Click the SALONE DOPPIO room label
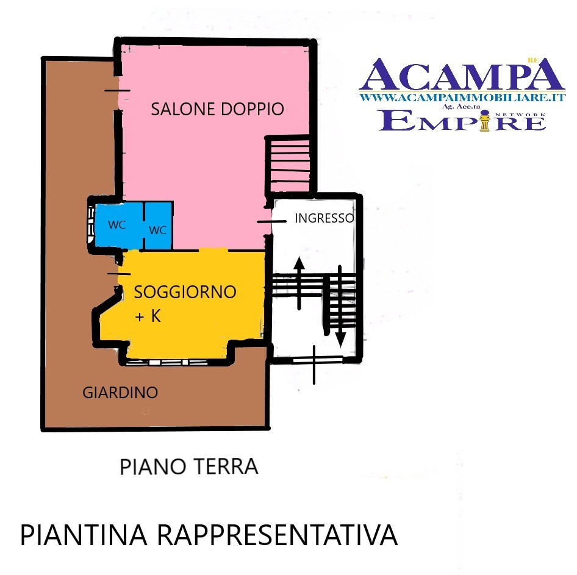click(x=218, y=109)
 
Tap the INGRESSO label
click(x=324, y=218)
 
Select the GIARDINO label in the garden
click(x=120, y=393)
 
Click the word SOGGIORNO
click(x=185, y=292)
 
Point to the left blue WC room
click(x=118, y=224)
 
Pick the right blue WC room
click(x=158, y=225)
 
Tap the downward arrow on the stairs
click(x=340, y=307)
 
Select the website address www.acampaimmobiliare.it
click(x=462, y=98)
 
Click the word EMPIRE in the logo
click(x=462, y=120)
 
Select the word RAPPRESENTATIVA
click(x=278, y=535)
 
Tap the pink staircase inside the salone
click(x=290, y=164)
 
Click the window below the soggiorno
click(x=167, y=362)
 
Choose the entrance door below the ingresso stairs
click(x=318, y=361)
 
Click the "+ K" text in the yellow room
click(x=148, y=316)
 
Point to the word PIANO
click(x=152, y=466)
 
